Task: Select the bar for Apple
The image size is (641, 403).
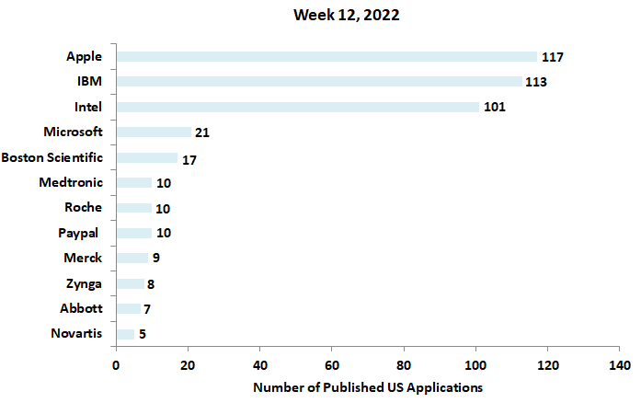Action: [x=326, y=57]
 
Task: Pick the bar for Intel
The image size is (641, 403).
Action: [x=297, y=107]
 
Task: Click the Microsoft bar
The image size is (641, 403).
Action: [x=154, y=132]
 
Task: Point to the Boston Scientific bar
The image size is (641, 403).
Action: [x=146, y=157]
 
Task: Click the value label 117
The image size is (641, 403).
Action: [x=552, y=57]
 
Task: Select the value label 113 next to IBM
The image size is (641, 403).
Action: [x=536, y=82]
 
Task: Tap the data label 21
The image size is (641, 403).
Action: [x=202, y=132]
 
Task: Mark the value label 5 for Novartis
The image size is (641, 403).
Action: [x=143, y=333]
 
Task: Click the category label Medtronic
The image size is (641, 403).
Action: [x=72, y=182]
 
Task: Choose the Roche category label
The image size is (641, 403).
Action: [x=84, y=207]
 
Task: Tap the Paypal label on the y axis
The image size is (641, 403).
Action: [x=77, y=232]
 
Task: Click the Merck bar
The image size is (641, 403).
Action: [x=132, y=258]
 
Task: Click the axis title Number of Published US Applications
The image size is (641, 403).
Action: [x=368, y=386]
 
